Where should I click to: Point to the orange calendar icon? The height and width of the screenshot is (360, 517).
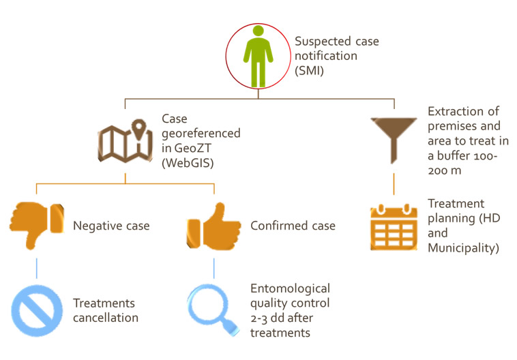pos(394,227)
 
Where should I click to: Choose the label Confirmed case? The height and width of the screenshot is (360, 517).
pos(293,226)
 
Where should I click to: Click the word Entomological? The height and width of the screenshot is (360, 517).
pos(290,289)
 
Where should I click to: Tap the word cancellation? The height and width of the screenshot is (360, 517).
pos(106,318)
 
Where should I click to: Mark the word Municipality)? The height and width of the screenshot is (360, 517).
pos(463,248)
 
